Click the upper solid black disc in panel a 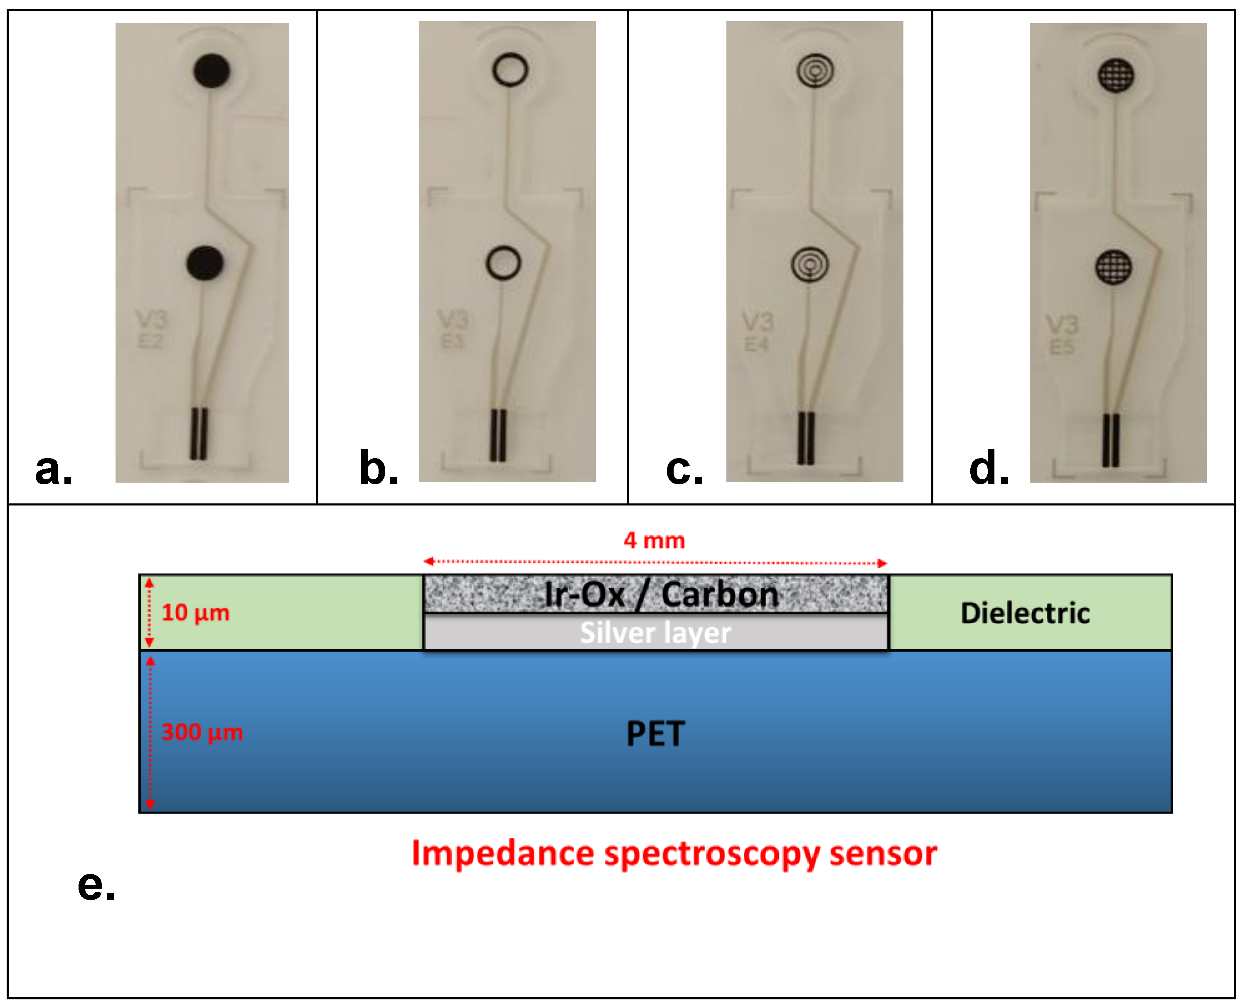pos(212,71)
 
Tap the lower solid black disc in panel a pos(204,263)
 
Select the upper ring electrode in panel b pos(510,69)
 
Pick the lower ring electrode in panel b pos(503,263)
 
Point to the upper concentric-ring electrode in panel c pos(815,71)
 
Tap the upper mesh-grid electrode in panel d pos(1116,75)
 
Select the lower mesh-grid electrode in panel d pos(1113,267)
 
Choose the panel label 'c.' pos(684,468)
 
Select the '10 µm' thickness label pos(195,613)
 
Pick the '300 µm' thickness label pos(202,732)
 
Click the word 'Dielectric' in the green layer pos(1025,613)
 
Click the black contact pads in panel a pos(199,434)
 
